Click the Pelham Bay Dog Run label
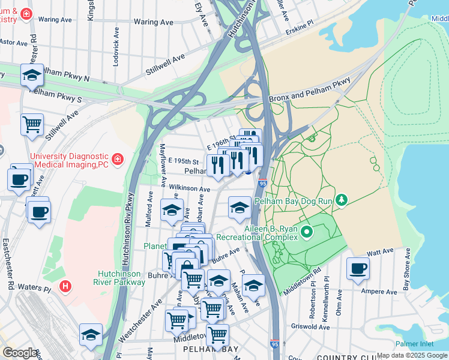pos(293,202)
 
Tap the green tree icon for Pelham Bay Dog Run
pos(342,199)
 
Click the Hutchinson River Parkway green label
pos(120,277)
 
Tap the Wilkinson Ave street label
pos(190,188)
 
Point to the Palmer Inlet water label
pos(416,344)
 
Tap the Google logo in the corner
pos(20,353)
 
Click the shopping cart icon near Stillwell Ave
pos(32,124)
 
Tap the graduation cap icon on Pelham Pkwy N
pos(32,75)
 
